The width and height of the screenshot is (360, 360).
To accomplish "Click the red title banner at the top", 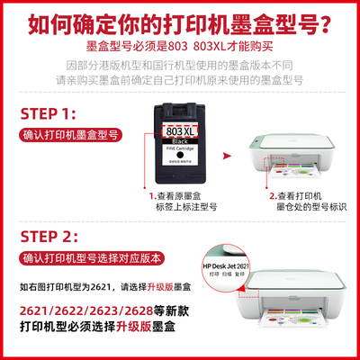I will [180, 18].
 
